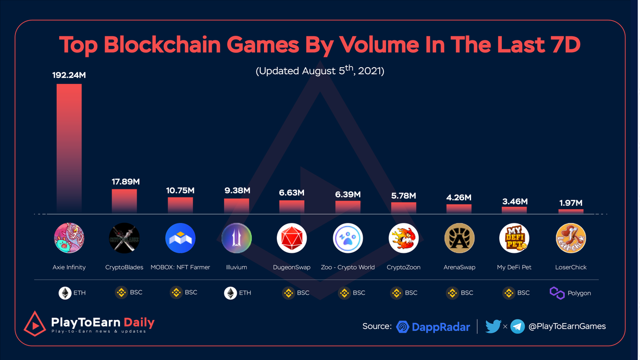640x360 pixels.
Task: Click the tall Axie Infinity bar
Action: (x=69, y=147)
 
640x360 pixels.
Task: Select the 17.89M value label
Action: (x=124, y=182)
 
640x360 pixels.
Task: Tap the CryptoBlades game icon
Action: (x=124, y=238)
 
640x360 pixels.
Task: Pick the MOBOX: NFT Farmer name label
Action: (x=180, y=267)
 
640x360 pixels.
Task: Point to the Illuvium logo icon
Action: (x=236, y=238)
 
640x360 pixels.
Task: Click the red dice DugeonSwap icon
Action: (x=292, y=238)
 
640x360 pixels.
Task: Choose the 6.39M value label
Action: (x=348, y=194)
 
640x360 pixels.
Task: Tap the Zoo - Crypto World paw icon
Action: (x=348, y=238)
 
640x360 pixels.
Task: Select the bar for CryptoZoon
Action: (x=403, y=208)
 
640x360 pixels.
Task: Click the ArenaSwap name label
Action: (x=459, y=267)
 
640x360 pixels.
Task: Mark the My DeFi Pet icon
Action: (x=514, y=238)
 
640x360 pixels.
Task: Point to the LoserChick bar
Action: (x=571, y=211)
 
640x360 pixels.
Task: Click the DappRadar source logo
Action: (x=433, y=326)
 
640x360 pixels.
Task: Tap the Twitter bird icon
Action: (x=493, y=326)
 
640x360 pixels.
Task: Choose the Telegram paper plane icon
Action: (x=517, y=326)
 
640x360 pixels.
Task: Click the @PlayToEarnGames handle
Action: (x=567, y=326)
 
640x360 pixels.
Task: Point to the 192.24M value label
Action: (x=69, y=75)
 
